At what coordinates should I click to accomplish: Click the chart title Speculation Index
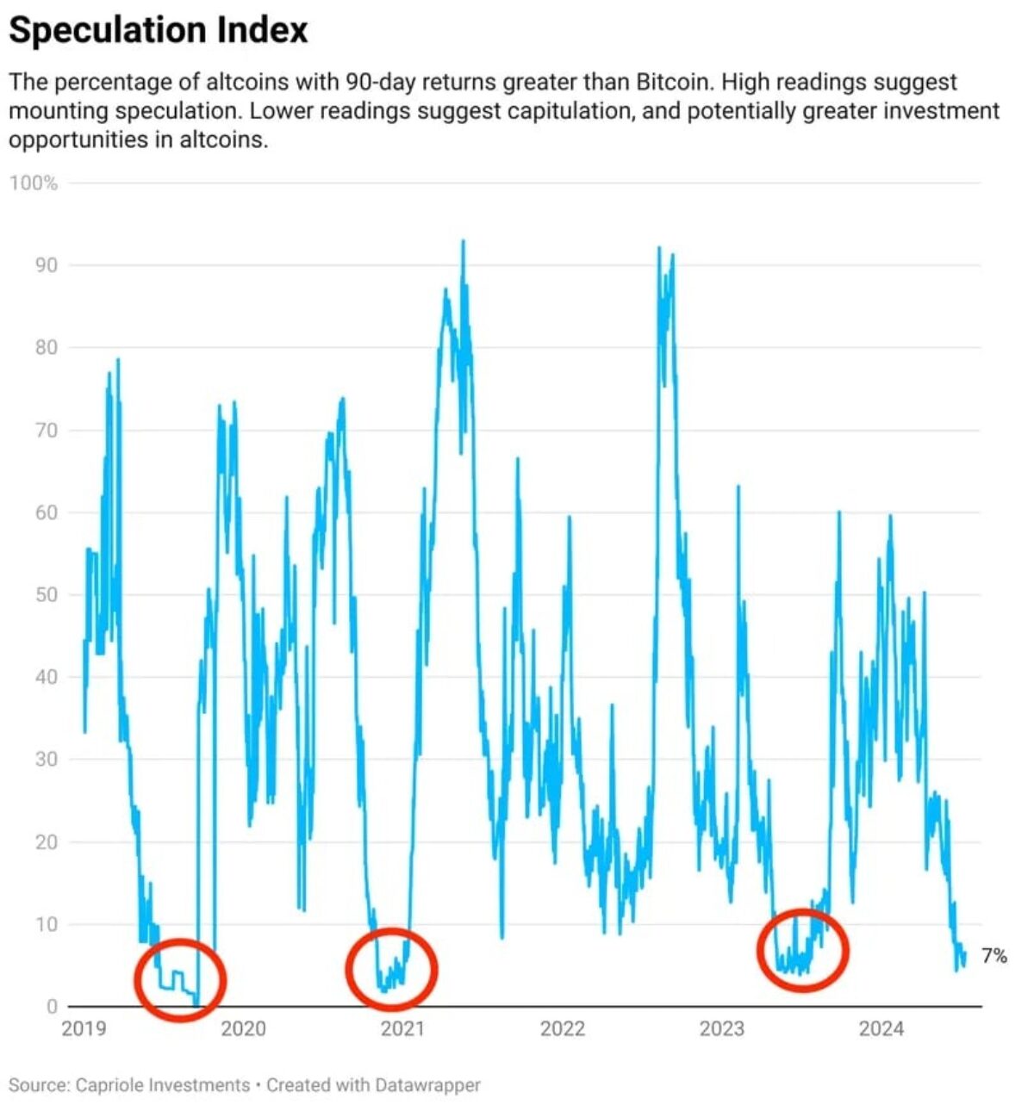(x=159, y=31)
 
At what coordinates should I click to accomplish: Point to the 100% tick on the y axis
(x=34, y=183)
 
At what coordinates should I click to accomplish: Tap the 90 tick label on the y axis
(x=46, y=265)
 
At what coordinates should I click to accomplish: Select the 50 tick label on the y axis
(x=46, y=595)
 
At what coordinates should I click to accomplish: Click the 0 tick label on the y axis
(x=52, y=1006)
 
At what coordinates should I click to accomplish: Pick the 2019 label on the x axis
(x=84, y=1028)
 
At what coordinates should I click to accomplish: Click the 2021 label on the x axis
(x=402, y=1028)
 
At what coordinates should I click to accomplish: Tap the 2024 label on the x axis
(x=881, y=1028)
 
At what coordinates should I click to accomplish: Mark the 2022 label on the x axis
(x=563, y=1028)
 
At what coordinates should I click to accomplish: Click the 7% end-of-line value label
(x=994, y=956)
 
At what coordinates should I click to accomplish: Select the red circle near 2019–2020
(x=180, y=980)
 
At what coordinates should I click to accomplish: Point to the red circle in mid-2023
(x=803, y=950)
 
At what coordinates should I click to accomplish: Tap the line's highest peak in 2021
(x=464, y=241)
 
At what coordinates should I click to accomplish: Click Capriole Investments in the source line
(x=163, y=1085)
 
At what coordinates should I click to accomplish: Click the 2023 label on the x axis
(x=722, y=1028)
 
